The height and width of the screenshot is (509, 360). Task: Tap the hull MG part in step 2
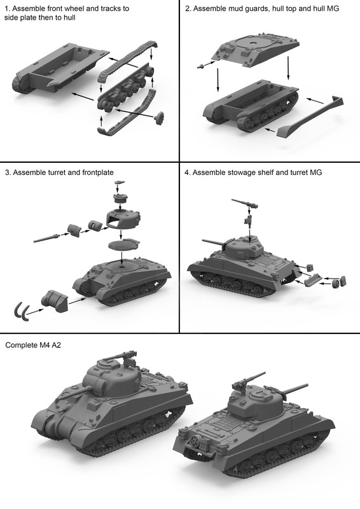(x=201, y=66)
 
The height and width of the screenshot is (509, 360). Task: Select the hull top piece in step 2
(x=256, y=50)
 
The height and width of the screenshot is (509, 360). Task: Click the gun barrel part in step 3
(x=47, y=238)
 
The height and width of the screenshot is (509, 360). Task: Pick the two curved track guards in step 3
(x=21, y=310)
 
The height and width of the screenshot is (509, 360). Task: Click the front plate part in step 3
(x=55, y=301)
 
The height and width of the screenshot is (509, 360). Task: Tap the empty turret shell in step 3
(x=123, y=219)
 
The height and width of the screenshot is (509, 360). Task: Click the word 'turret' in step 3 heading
(x=57, y=172)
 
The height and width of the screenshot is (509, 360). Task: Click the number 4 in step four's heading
(x=187, y=172)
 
